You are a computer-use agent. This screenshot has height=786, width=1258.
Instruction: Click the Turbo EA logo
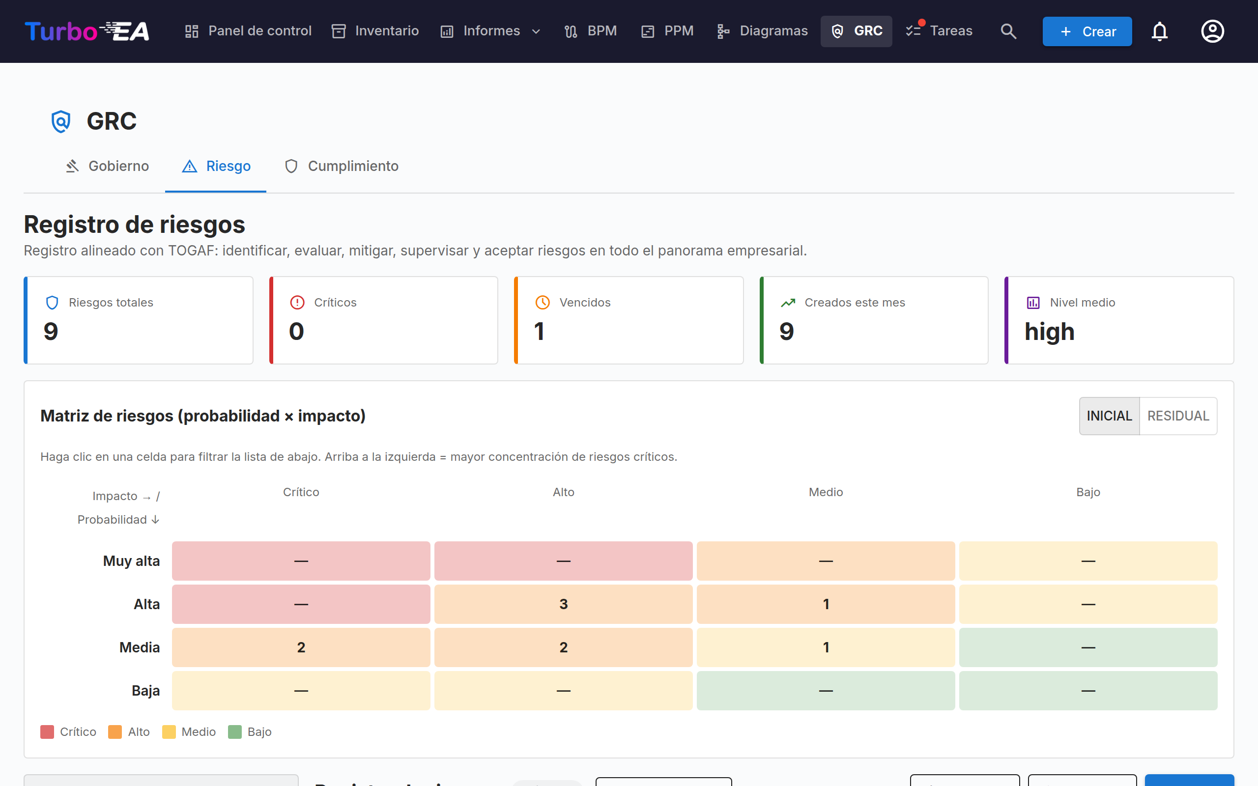tap(87, 31)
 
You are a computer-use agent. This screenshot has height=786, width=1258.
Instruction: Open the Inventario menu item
tap(375, 31)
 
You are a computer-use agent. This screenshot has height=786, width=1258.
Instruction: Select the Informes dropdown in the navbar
tap(491, 31)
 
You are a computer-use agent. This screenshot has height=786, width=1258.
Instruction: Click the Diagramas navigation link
tap(762, 31)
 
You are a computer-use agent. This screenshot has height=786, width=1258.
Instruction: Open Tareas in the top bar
tap(939, 31)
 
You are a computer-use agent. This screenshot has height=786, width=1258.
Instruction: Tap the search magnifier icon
tap(1008, 31)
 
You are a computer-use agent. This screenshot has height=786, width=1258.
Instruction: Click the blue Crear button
tap(1087, 31)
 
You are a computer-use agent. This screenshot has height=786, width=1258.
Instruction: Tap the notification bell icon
tap(1160, 31)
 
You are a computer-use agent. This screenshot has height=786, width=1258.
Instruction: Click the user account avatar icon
tap(1212, 31)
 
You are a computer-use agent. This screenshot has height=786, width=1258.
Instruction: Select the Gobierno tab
tap(107, 166)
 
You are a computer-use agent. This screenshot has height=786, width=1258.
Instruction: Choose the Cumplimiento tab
tap(342, 166)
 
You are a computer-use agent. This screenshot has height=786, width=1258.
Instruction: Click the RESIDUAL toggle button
tap(1178, 416)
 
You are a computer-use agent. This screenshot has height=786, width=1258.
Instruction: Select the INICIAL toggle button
tap(1109, 416)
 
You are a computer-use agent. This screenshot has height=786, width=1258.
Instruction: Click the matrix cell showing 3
tap(564, 604)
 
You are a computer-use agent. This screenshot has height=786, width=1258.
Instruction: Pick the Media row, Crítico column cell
tap(301, 647)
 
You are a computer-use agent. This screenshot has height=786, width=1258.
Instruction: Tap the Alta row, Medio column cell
tap(826, 604)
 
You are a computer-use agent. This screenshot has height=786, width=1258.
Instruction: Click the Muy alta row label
tap(131, 561)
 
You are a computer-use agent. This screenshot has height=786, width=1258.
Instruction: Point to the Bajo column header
tap(1088, 492)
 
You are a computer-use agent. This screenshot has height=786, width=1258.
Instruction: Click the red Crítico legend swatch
tap(47, 732)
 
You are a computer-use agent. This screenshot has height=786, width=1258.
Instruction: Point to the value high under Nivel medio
tap(1049, 332)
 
